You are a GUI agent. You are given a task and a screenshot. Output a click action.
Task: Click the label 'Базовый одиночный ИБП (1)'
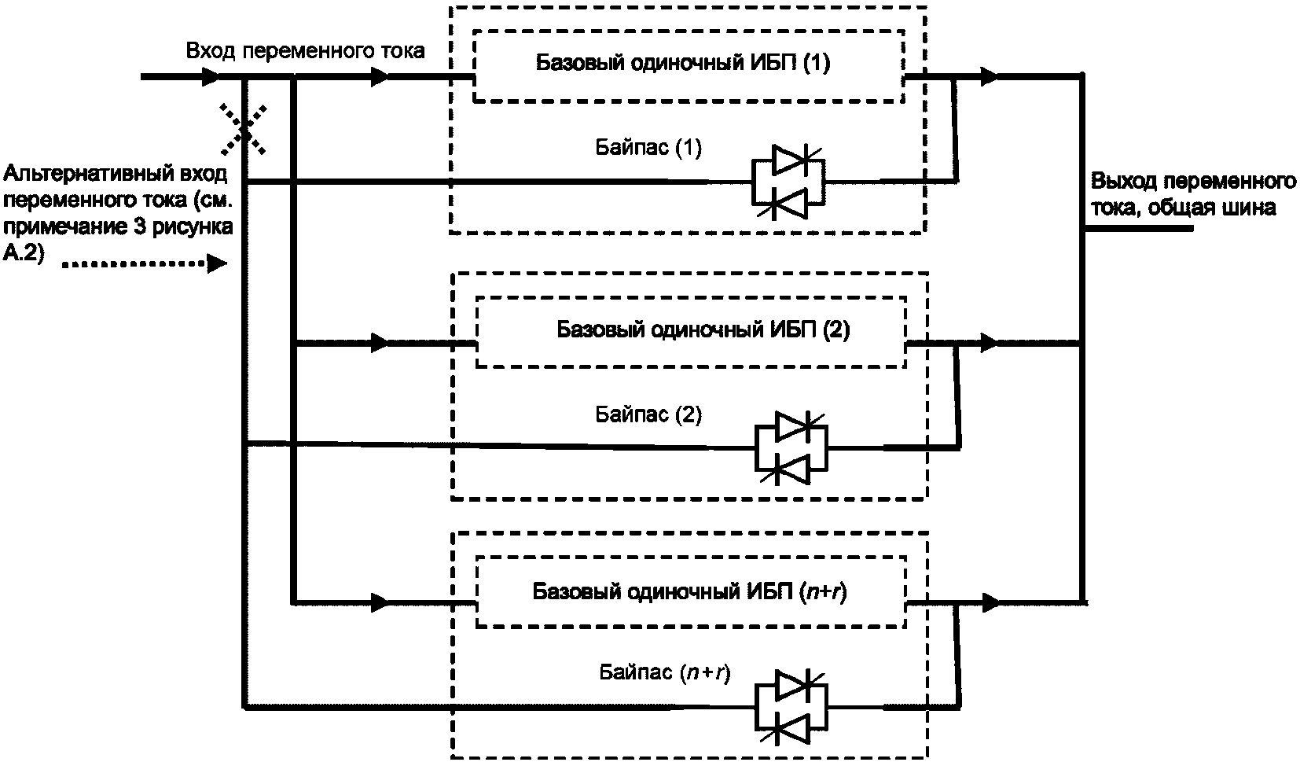682,63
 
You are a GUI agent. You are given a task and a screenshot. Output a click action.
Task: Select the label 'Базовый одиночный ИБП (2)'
703,330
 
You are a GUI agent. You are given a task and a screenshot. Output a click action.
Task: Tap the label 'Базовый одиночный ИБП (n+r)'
690,591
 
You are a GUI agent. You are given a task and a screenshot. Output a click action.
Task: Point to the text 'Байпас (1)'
648,148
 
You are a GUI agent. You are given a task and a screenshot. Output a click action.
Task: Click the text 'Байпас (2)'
648,414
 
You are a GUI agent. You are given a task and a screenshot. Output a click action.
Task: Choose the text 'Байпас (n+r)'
664,672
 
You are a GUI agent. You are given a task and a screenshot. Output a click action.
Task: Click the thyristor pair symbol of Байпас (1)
788,182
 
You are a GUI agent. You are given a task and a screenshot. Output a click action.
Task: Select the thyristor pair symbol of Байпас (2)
791,448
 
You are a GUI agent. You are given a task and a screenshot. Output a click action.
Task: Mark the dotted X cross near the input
243,130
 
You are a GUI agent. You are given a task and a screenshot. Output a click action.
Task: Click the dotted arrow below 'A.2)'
144,264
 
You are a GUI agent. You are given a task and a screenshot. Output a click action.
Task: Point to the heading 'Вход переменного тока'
305,51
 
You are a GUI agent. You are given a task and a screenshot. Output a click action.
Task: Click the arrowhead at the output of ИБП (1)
989,76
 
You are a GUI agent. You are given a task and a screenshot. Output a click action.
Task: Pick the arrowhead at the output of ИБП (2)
989,343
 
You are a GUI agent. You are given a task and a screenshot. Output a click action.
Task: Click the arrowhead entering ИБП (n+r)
380,602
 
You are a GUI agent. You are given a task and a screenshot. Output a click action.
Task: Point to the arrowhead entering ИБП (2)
380,343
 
